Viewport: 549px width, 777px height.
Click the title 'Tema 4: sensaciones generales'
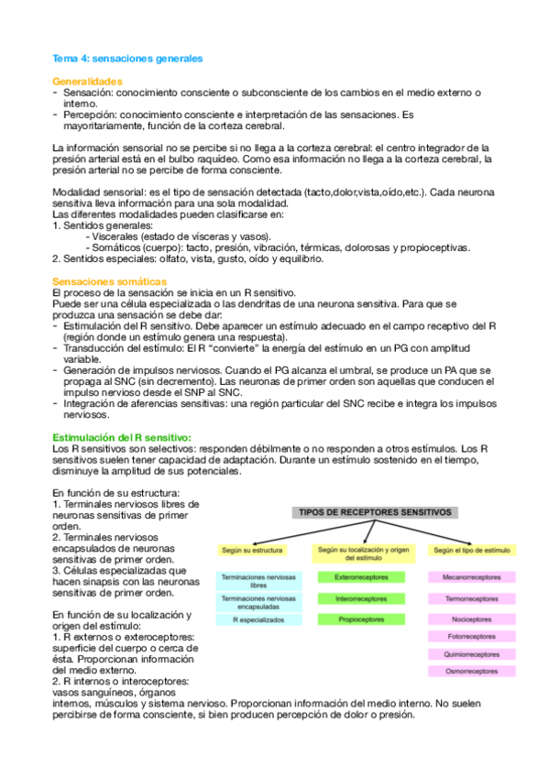(127, 58)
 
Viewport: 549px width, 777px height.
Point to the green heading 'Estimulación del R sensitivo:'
(122, 438)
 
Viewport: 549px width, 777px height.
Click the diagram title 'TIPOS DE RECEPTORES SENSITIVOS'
(372, 514)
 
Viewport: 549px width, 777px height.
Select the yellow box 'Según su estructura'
(252, 551)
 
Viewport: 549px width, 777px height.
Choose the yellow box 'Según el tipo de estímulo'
(471, 551)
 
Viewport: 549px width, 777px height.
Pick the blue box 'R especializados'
(252, 620)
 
